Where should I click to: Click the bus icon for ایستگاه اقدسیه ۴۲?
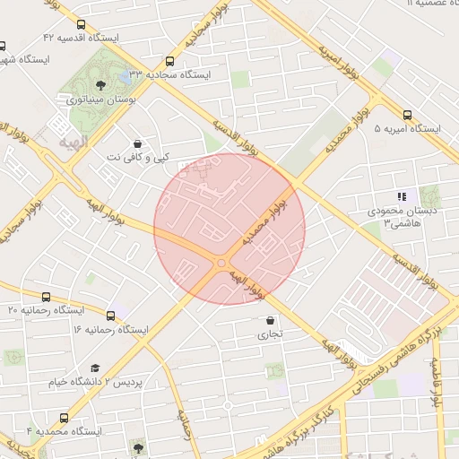tap(82, 25)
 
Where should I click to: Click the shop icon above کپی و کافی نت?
tap(136, 143)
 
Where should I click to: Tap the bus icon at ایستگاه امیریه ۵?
tap(408, 115)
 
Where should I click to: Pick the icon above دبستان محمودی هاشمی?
tap(403, 196)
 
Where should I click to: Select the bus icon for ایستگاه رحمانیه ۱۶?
tap(111, 316)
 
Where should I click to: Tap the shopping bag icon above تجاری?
tap(271, 320)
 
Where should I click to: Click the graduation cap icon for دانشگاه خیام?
tap(95, 368)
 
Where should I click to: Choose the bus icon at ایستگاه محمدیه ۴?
tap(64, 418)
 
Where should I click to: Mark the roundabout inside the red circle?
tap(221, 262)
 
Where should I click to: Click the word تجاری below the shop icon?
tap(271, 334)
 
